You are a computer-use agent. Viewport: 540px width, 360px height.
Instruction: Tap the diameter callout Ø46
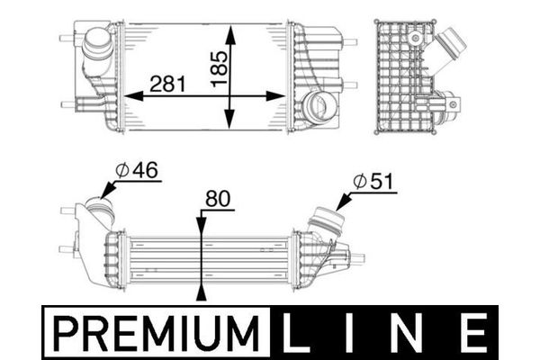[x=138, y=169]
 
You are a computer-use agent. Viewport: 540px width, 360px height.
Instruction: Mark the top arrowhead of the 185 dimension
[x=231, y=32]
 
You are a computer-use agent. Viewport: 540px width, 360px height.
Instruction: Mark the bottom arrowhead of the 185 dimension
[x=231, y=125]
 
